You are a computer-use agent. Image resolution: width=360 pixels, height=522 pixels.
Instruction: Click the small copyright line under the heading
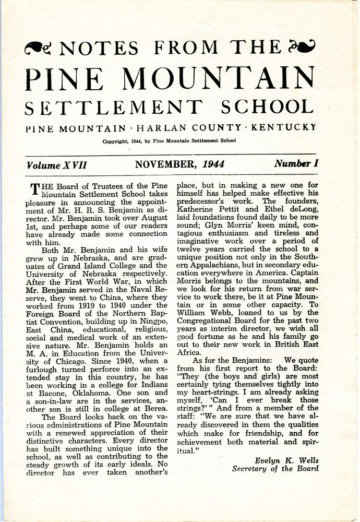pyautogui.click(x=169, y=141)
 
